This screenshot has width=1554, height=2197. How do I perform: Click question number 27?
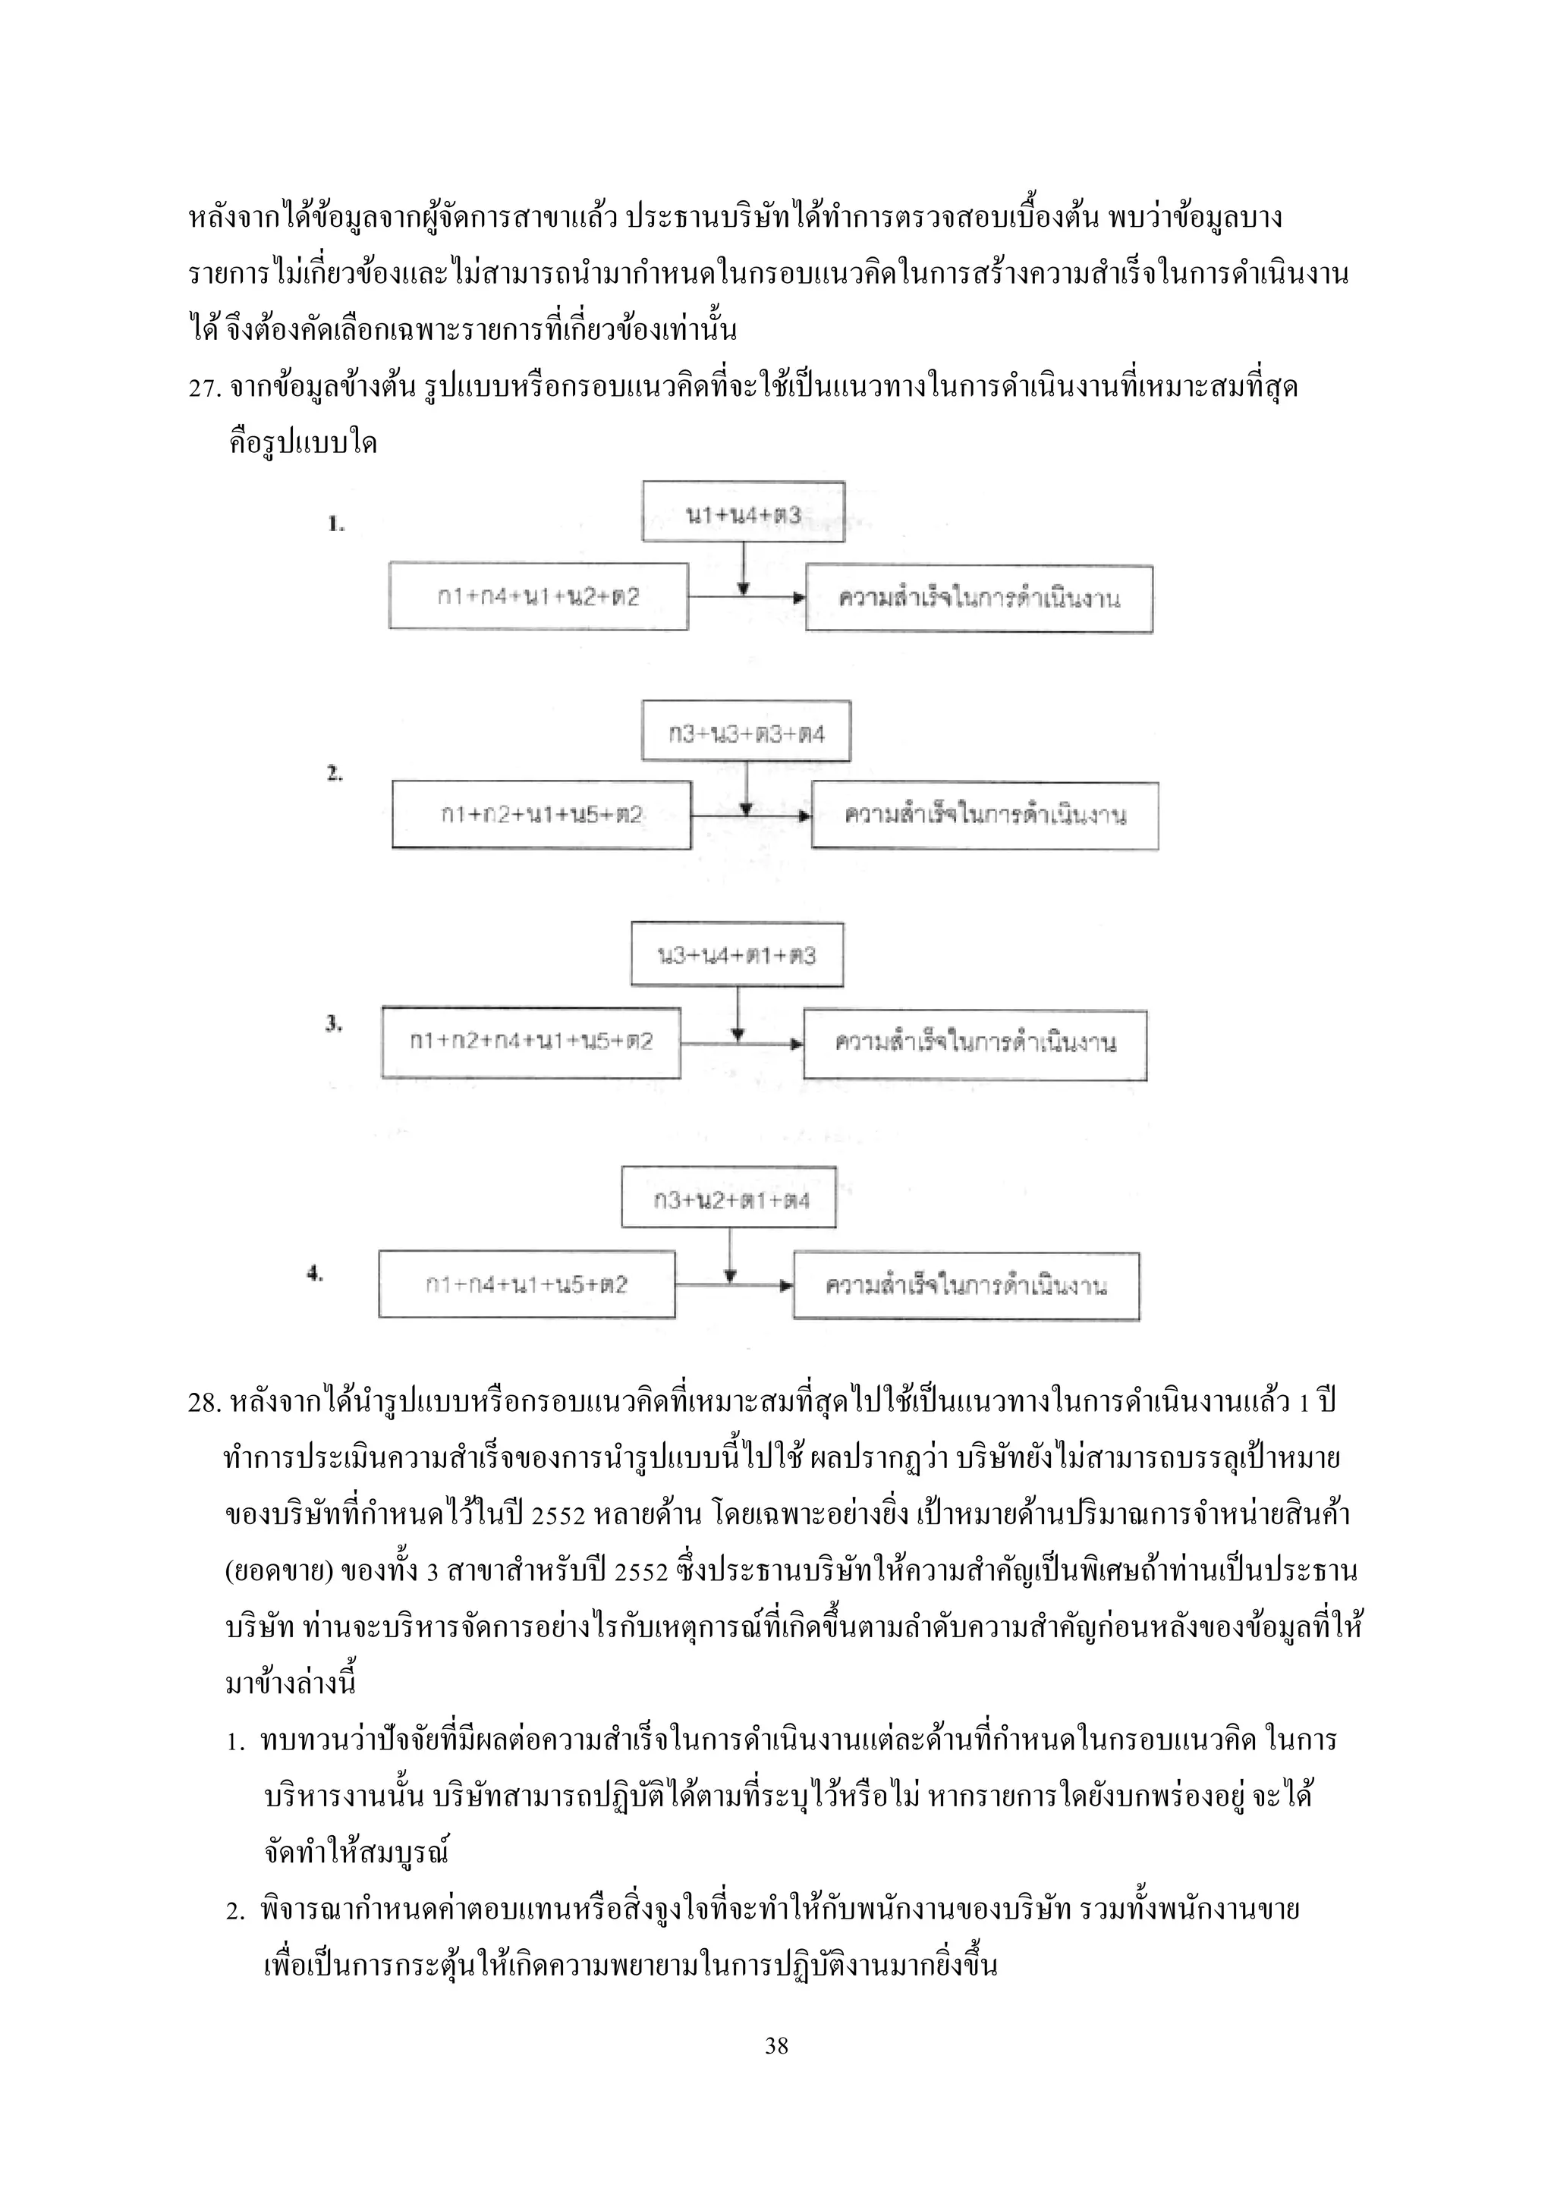point(204,388)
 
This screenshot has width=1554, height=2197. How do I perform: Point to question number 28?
point(204,1403)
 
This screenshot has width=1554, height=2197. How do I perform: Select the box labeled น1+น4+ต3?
point(743,512)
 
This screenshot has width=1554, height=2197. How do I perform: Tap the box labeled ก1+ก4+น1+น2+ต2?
point(538,597)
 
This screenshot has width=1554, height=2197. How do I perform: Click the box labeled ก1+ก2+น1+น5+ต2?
point(541,816)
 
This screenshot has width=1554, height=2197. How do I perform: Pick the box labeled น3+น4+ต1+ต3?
point(737,955)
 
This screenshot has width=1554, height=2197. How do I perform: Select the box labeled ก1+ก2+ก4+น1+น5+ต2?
point(531,1042)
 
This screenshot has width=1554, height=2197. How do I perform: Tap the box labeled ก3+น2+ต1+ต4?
point(728,1198)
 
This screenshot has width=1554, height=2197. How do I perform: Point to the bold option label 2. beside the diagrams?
point(334,774)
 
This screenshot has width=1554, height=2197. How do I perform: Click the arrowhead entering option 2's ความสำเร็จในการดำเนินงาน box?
point(805,816)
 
